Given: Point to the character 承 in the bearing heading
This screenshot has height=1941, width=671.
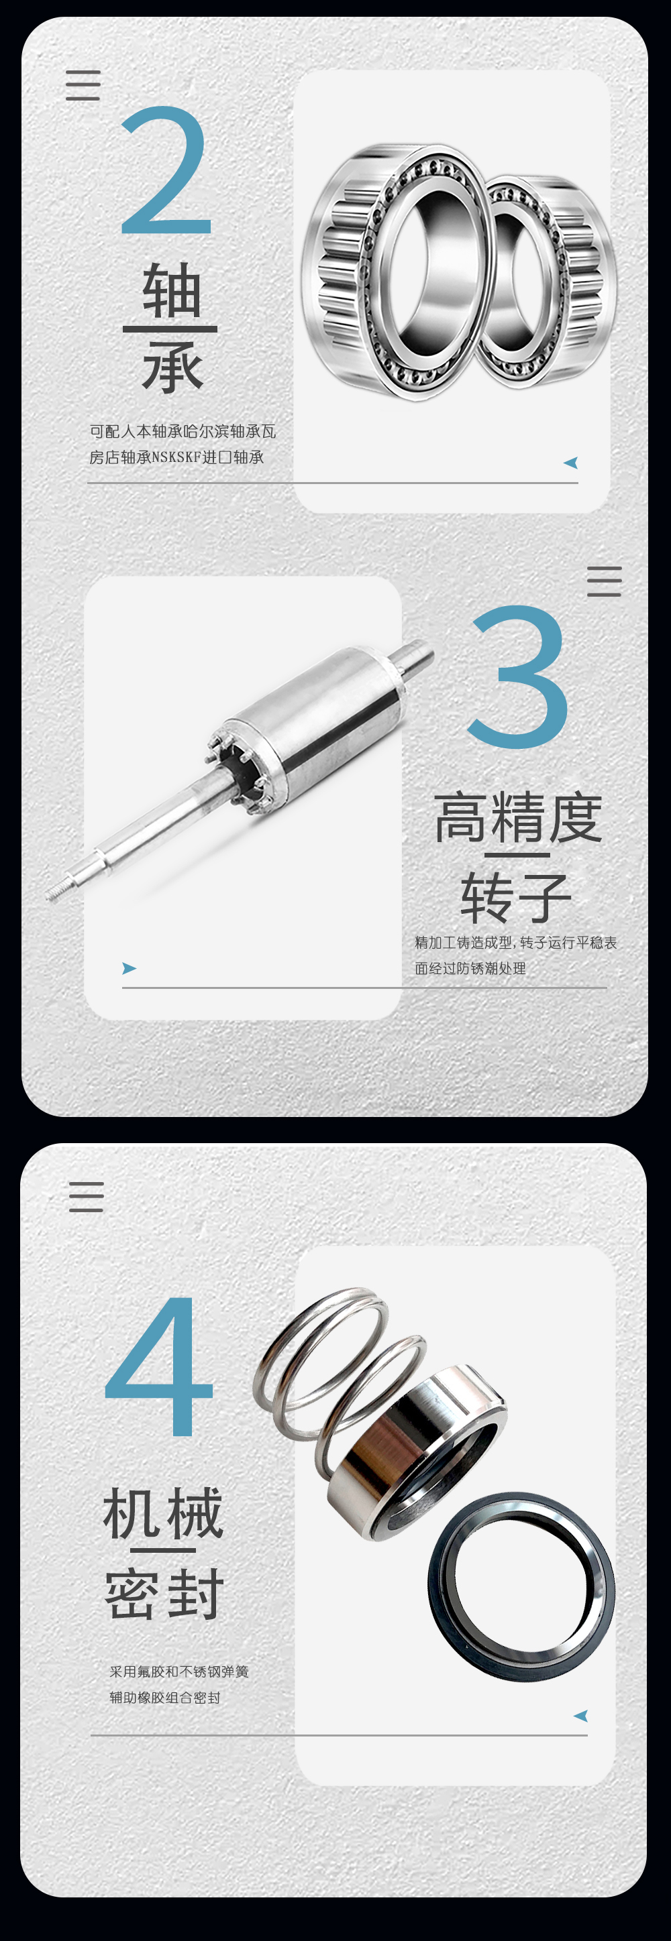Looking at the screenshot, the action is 172,367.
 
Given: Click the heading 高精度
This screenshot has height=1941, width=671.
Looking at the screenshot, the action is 518,817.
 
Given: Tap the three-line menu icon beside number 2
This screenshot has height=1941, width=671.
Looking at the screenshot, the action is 83,85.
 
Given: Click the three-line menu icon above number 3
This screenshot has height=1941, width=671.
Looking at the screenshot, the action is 604,582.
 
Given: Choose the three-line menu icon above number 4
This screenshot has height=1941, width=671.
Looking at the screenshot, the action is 86,1197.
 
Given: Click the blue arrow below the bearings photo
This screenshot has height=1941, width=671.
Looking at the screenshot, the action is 571,463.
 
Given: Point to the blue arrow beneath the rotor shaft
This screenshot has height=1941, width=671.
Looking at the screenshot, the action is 130,968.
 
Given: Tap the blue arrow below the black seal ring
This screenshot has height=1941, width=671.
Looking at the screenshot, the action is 580,1716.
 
